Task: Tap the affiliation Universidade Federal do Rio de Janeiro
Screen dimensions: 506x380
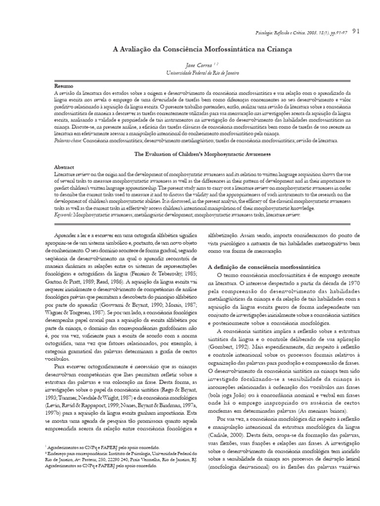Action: point(198,73)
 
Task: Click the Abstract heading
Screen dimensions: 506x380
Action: point(64,167)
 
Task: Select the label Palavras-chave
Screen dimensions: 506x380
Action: point(67,141)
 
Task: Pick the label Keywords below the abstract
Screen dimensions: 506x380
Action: point(65,215)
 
